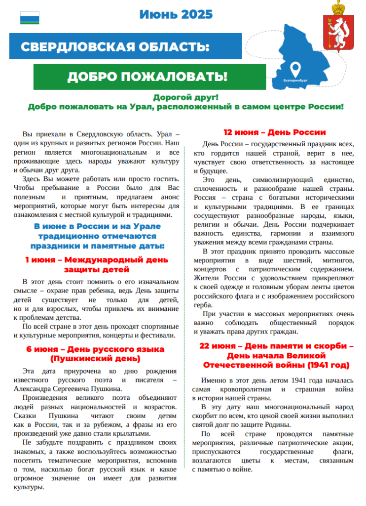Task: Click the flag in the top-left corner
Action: [x=29, y=18]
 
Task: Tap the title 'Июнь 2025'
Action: [x=176, y=14]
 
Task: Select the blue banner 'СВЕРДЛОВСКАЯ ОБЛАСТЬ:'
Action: [x=115, y=47]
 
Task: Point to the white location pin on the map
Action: [x=295, y=68]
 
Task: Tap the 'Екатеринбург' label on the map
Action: [x=295, y=79]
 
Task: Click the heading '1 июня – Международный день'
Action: [x=97, y=259]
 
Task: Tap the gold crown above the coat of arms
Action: [x=338, y=8]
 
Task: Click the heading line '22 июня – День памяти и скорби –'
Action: [x=276, y=346]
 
